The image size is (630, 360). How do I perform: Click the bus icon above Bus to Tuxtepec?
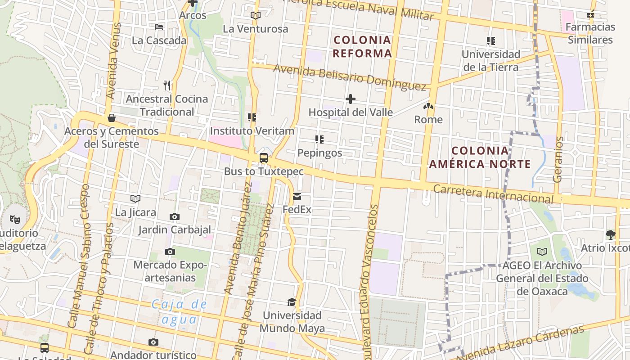click(x=264, y=158)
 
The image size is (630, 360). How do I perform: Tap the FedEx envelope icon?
click(x=297, y=197)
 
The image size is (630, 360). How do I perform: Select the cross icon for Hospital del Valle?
click(x=351, y=99)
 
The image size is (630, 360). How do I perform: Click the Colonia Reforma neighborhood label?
click(x=363, y=47)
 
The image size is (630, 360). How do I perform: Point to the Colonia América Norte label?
click(x=480, y=157)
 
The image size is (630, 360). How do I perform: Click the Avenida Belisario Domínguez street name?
click(x=349, y=77)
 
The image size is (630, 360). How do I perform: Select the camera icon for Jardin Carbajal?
click(x=175, y=217)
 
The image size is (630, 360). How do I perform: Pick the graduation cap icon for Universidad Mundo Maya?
click(x=292, y=302)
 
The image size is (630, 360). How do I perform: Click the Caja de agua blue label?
click(x=179, y=312)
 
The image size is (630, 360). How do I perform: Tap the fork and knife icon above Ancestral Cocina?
click(x=167, y=85)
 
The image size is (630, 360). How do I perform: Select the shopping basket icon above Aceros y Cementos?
click(x=111, y=118)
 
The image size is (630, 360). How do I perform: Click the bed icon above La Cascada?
click(x=159, y=27)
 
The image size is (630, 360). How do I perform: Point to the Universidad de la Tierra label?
click(x=491, y=61)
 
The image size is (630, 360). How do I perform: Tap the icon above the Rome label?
click(x=428, y=107)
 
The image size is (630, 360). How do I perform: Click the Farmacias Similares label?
click(x=590, y=33)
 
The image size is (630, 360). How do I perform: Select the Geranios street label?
click(x=558, y=159)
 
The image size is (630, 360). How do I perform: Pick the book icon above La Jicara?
click(x=135, y=198)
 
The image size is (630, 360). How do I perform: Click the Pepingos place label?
click(x=319, y=153)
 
